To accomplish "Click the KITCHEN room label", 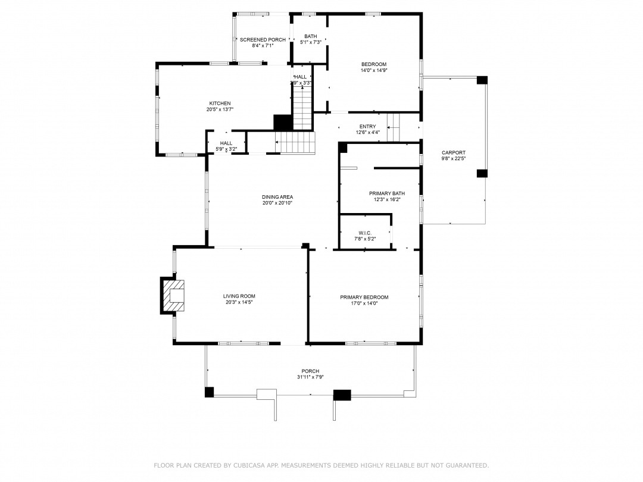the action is tap(220, 104).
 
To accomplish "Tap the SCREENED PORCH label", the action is tap(263, 40).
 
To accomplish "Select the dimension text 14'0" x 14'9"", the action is tap(373, 70).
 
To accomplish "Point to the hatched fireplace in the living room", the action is tap(173, 296).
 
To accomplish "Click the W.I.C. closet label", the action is tap(365, 233).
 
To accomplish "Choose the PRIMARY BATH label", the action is tap(387, 193).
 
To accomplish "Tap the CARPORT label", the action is tap(454, 152).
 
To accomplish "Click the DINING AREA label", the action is tap(277, 197).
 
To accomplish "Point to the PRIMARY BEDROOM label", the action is tap(364, 297).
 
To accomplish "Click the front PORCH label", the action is tap(310, 371).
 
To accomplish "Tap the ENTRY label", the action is tap(367, 127).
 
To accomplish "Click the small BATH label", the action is tap(310, 36).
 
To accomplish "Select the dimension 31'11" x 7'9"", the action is tap(310, 377).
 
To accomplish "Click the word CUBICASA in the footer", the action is tap(249, 465).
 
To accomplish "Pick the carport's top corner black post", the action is tap(482, 80).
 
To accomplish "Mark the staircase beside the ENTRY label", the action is tap(394, 127).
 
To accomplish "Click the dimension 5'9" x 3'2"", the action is tap(226, 149).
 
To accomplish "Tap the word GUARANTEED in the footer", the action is tap(467, 465).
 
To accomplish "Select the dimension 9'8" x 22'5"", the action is tap(454, 158).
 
